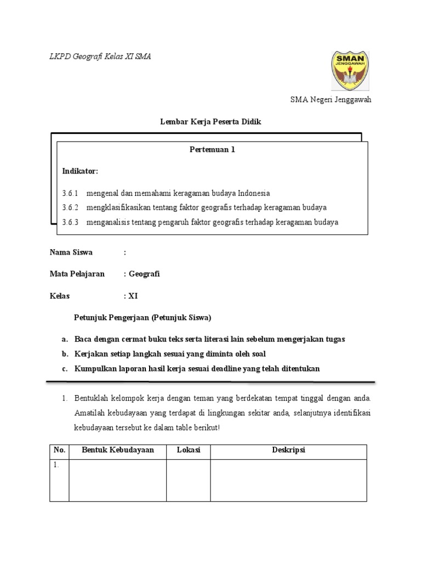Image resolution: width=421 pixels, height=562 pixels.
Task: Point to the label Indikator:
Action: (x=80, y=171)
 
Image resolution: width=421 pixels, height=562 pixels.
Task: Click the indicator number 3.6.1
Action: (x=70, y=193)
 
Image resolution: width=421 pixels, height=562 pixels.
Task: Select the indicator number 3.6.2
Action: (x=70, y=207)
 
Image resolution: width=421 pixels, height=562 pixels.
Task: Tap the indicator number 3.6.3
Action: (x=70, y=222)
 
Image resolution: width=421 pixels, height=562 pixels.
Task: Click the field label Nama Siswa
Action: (x=71, y=252)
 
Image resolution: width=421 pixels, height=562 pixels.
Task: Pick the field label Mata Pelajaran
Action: (x=77, y=274)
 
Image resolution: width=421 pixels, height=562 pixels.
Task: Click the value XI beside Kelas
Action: (x=133, y=296)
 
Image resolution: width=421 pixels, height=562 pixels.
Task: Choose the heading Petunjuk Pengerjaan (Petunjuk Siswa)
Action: (x=143, y=318)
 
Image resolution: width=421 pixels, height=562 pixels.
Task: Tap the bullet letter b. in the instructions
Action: (x=65, y=354)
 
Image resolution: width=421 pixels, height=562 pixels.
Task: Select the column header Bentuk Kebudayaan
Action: (x=118, y=450)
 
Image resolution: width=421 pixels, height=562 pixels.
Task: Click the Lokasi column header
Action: (x=189, y=450)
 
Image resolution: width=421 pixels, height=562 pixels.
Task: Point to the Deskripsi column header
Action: (x=288, y=450)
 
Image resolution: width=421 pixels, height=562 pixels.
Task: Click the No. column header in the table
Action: (x=59, y=450)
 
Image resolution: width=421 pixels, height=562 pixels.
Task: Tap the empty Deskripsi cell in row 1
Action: (x=288, y=480)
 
